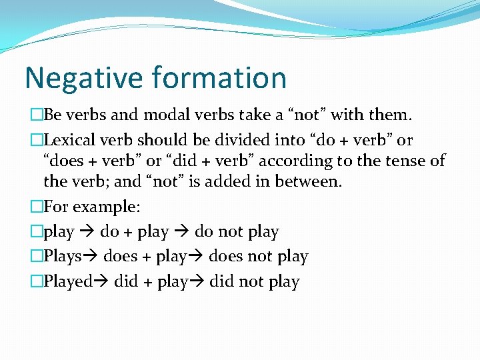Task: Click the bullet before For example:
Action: point(37,207)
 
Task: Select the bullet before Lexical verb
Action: point(37,141)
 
